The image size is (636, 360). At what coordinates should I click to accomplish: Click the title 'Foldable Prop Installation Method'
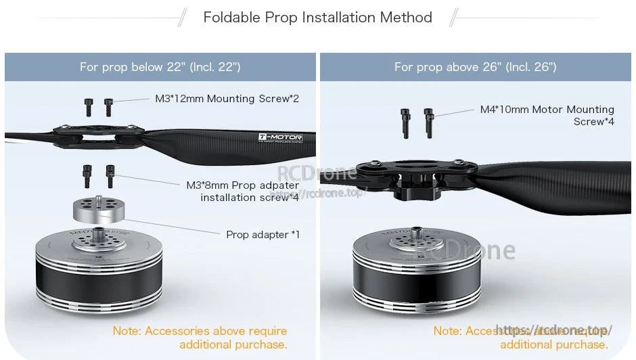pos(317,18)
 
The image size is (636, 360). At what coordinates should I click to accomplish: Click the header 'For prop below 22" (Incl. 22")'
pos(160,67)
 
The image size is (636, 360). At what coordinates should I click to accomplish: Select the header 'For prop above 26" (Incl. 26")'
pos(475,67)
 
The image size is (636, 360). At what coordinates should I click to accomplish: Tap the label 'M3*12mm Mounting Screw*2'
pos(227,99)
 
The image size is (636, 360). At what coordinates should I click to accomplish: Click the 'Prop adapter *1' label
pos(263,235)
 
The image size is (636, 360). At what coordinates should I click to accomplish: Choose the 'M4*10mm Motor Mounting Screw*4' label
pos(547,115)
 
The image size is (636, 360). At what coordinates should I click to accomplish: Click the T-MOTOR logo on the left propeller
pos(280,138)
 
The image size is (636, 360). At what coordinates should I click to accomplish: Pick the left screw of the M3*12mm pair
pos(88,106)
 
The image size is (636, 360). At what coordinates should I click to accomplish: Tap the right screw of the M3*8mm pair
pos(110,176)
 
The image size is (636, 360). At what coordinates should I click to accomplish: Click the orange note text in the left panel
pos(200,338)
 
